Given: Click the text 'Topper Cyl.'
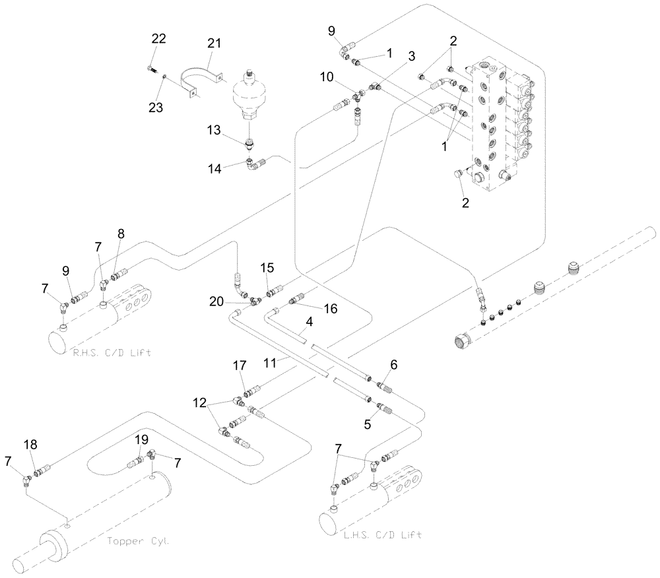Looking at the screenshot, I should (137, 541).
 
